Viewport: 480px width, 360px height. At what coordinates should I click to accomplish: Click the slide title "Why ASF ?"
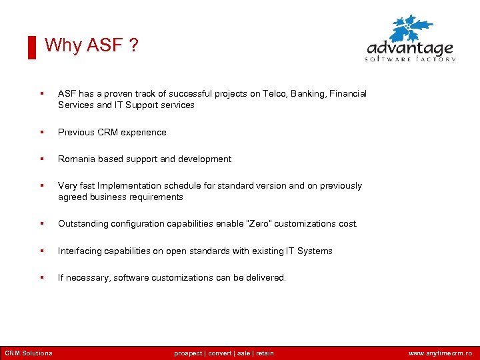[x=91, y=45]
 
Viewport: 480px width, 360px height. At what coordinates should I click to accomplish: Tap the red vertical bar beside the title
[x=31, y=48]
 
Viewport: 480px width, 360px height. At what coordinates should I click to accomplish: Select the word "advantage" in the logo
[x=410, y=49]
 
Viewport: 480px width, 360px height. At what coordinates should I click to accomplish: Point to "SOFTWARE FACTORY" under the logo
[x=410, y=59]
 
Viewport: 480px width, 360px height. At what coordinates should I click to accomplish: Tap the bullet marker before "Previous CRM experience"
[x=42, y=133]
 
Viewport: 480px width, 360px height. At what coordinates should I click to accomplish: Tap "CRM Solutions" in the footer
[x=28, y=353]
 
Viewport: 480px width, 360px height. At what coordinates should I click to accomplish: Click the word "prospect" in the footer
[x=189, y=353]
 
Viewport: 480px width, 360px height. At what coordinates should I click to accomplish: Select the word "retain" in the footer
[x=265, y=353]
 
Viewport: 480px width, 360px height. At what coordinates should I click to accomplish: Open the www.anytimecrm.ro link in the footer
[x=440, y=353]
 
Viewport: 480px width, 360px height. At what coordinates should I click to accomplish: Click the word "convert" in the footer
[x=220, y=353]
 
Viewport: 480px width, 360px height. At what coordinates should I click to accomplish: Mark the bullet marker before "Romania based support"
[x=42, y=159]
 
